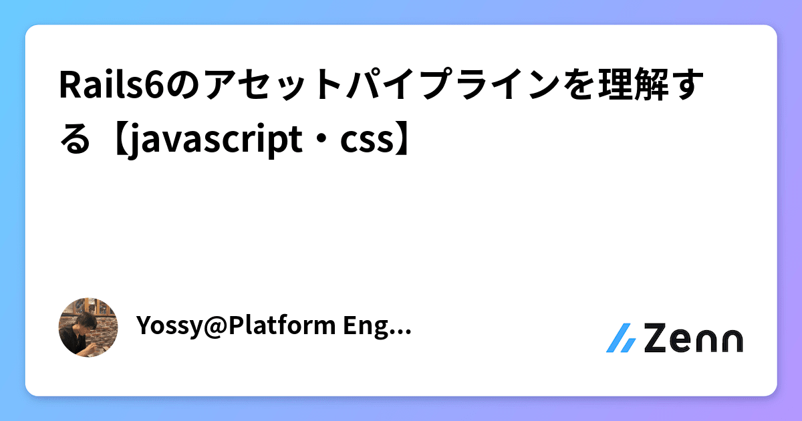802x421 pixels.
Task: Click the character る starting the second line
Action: (74, 139)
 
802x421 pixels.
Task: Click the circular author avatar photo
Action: (88, 327)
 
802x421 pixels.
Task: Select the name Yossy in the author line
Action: (164, 327)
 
